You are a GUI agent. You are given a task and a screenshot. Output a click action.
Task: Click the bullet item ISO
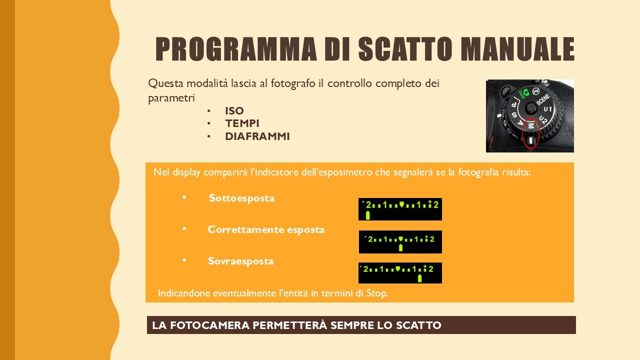click(x=234, y=111)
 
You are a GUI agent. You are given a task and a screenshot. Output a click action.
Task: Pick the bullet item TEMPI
click(x=242, y=123)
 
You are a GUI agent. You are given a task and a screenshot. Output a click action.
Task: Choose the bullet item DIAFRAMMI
click(x=257, y=136)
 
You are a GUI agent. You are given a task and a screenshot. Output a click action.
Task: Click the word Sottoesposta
click(x=241, y=198)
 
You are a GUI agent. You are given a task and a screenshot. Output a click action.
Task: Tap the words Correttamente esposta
click(x=266, y=229)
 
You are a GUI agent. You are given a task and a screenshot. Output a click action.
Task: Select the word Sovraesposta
click(x=240, y=261)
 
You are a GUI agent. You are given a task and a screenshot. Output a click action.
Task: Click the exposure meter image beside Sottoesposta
click(x=400, y=209)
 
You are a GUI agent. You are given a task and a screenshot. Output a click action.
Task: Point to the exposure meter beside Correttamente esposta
click(x=400, y=241)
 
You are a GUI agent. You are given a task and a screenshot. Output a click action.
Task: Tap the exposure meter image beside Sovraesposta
click(x=400, y=273)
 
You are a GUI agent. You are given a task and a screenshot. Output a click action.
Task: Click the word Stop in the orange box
click(x=377, y=293)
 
